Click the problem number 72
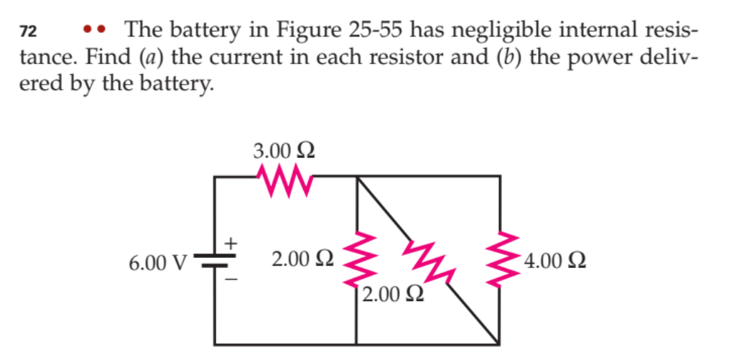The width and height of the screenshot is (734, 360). click(x=28, y=32)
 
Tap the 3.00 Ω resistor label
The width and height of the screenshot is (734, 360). click(x=284, y=152)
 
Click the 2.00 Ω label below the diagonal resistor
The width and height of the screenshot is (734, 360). click(x=391, y=295)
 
